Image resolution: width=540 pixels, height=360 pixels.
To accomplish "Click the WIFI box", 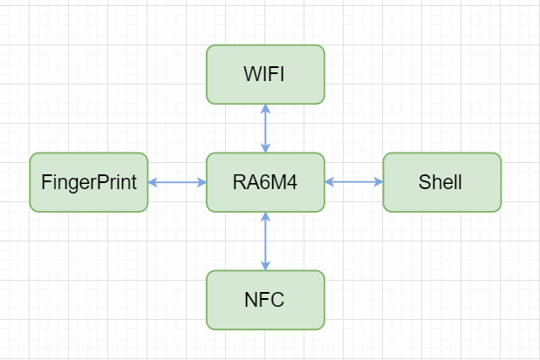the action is (265, 74).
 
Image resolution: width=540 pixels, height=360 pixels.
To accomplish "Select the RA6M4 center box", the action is (265, 182).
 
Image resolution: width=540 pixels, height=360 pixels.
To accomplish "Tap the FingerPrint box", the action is (89, 182).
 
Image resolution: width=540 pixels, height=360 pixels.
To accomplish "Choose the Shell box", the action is (441, 182).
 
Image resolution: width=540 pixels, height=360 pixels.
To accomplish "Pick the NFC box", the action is (265, 300).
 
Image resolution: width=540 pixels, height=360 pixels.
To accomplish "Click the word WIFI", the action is (264, 74).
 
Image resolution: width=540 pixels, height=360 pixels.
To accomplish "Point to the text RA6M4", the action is (265, 182).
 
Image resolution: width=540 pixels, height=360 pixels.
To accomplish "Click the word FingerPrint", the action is (89, 182).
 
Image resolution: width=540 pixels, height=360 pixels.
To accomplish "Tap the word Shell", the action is (441, 182).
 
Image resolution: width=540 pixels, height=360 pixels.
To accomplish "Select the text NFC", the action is (264, 300).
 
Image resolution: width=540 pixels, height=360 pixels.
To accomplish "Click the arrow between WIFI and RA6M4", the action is (265, 128).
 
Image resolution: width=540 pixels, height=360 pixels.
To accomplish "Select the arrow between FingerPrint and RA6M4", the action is (177, 182).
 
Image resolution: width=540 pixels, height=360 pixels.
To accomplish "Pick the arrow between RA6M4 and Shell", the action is (353, 182).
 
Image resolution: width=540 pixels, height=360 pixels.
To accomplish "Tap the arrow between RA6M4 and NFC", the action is (265, 241).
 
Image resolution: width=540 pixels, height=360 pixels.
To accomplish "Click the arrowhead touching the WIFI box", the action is (265, 109).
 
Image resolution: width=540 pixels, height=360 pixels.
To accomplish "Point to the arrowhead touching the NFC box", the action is (265, 266).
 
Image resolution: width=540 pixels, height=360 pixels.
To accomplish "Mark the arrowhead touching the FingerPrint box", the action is (153, 182).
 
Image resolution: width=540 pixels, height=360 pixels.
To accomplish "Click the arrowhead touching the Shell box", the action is (378, 182).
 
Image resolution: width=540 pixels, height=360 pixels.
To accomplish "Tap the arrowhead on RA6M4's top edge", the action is (265, 148).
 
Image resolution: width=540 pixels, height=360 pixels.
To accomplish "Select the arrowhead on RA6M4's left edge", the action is (202, 182).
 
